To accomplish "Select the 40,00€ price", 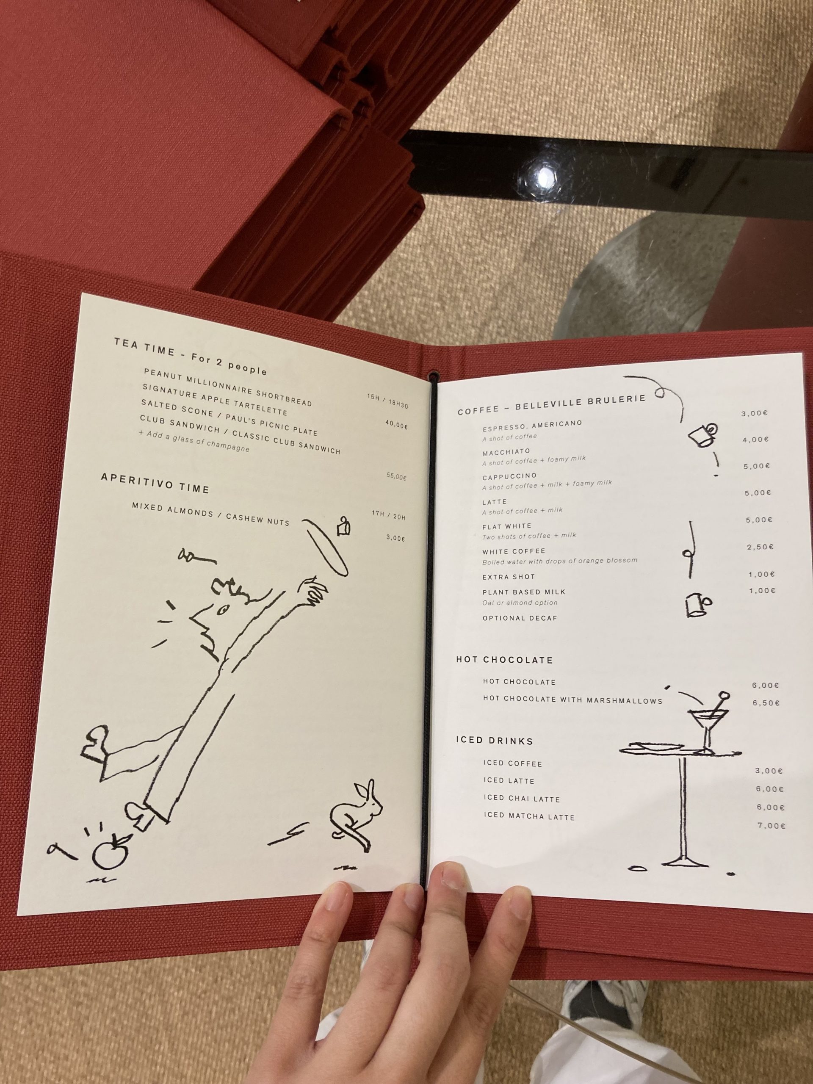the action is point(396,425).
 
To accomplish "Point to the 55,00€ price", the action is point(396,476).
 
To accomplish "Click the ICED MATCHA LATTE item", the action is point(529,816).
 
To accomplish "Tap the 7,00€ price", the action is point(772,826).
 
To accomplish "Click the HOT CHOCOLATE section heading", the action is point(505,660).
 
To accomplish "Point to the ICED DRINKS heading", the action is point(495,741).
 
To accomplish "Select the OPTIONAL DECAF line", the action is point(520,618).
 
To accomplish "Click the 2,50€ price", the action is point(760,547).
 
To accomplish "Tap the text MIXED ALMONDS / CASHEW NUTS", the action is point(211,514).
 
